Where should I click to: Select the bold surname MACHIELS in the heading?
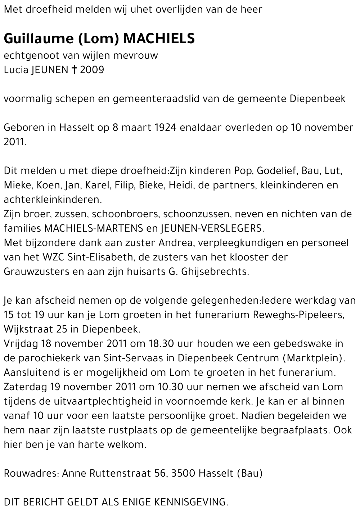pyautogui.click(x=159, y=38)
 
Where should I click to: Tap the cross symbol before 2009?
pyautogui.click(x=74, y=70)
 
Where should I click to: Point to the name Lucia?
pyautogui.click(x=16, y=70)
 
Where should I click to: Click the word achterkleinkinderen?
pyautogui.click(x=51, y=200)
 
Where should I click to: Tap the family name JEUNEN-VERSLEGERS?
pyautogui.click(x=212, y=228)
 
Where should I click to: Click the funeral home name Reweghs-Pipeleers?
pyautogui.click(x=298, y=315)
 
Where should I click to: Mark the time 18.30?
pyautogui.click(x=162, y=344)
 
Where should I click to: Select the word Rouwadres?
pyautogui.click(x=30, y=473)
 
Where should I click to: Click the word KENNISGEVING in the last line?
pyautogui.click(x=191, y=502)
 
